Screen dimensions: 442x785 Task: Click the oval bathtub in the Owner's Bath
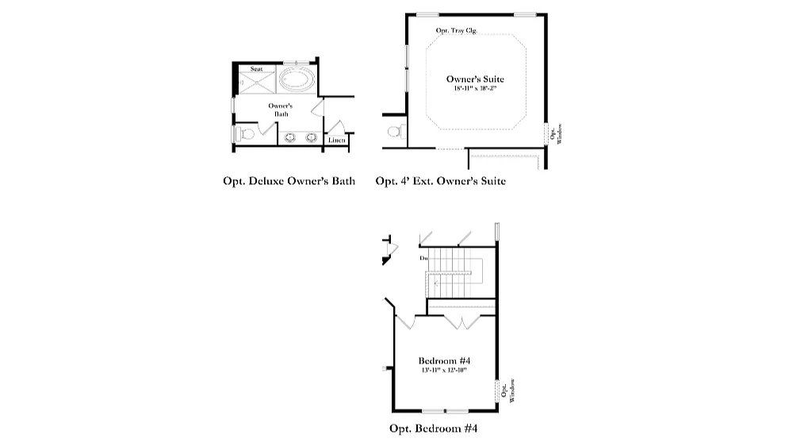298,81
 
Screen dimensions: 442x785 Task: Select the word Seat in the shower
256,69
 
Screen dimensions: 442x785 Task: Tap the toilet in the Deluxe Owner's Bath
245,135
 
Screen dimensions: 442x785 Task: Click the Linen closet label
336,140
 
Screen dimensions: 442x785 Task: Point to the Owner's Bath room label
281,110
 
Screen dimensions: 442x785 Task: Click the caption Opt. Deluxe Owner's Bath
289,182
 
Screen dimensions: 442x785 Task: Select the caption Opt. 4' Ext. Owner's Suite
440,182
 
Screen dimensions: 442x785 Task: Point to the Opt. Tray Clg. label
457,31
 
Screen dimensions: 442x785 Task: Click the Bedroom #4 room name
443,360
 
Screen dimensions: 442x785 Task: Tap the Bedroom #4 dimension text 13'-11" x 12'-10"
443,370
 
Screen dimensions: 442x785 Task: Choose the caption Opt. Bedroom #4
433,429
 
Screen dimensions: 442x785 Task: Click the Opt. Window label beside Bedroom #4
508,390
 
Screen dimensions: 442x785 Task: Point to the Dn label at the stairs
424,258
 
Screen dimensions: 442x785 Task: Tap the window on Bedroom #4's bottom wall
444,410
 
